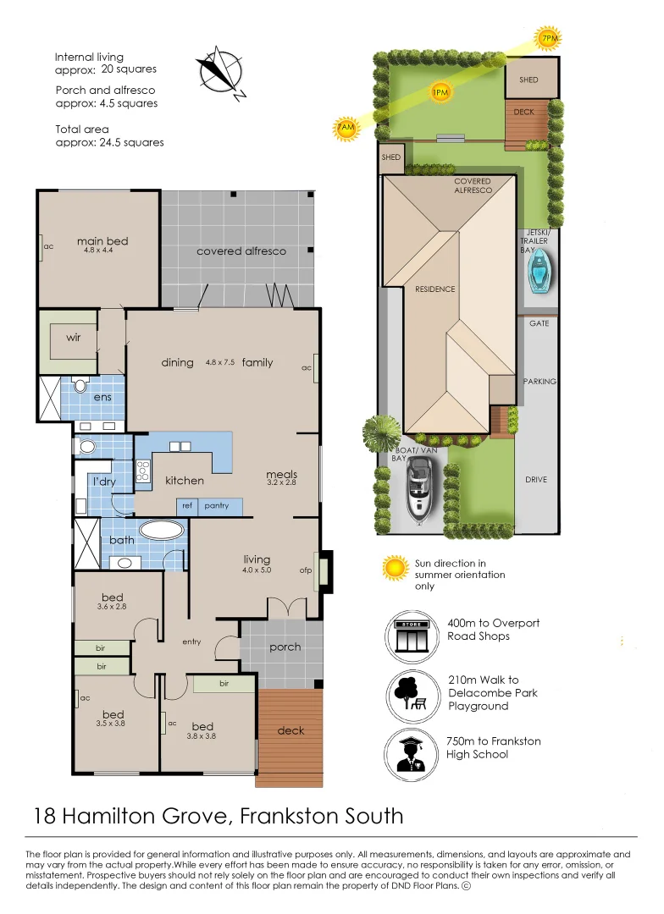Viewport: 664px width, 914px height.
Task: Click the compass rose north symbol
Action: [221, 73]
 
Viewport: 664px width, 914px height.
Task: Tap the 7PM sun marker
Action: [548, 39]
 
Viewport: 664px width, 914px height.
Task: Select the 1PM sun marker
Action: [440, 92]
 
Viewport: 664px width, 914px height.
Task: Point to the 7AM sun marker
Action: [345, 128]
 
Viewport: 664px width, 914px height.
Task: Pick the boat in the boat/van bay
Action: [419, 488]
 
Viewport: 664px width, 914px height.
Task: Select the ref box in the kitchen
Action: [186, 507]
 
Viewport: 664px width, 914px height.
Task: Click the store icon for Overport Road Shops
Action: [412, 637]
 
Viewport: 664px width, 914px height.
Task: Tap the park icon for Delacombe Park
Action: [412, 697]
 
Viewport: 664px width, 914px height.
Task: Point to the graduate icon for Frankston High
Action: [412, 756]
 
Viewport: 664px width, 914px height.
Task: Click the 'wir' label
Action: [74, 338]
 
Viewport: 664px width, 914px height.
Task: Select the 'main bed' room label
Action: [102, 240]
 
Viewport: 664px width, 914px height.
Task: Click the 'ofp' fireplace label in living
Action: [306, 570]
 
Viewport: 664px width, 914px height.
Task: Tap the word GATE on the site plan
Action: [539, 323]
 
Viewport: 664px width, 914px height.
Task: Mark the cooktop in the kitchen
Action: [142, 471]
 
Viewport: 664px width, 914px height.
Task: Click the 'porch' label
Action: [285, 647]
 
